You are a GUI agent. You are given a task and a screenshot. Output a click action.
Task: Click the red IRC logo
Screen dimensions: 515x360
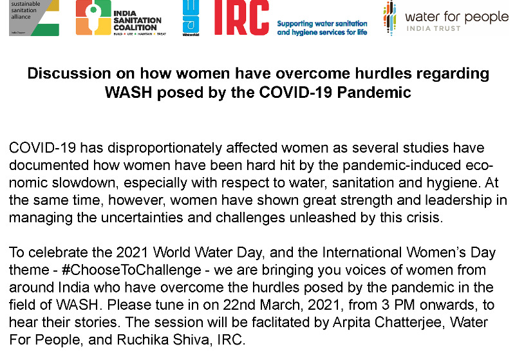pyautogui.click(x=241, y=17)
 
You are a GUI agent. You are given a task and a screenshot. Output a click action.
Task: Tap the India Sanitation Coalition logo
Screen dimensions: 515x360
pyautogui.click(x=121, y=18)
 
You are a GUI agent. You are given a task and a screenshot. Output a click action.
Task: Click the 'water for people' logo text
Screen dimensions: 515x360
pyautogui.click(x=457, y=17)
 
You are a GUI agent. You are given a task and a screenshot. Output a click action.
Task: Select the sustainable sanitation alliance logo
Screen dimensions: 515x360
pyautogui.click(x=34, y=18)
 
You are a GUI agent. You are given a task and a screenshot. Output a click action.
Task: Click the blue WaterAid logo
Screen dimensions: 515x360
pyautogui.click(x=191, y=18)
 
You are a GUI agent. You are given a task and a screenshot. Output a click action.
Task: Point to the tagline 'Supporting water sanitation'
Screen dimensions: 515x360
pyautogui.click(x=323, y=24)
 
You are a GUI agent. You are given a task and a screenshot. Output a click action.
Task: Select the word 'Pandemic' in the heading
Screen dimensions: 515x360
pyautogui.click(x=374, y=92)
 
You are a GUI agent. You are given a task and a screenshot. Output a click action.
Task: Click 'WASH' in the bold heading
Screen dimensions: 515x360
pyautogui.click(x=128, y=92)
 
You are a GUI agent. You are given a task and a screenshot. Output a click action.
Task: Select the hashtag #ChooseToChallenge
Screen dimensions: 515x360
pyautogui.click(x=131, y=270)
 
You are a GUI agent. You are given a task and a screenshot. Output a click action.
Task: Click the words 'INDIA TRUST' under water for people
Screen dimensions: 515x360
pyautogui.click(x=433, y=28)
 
